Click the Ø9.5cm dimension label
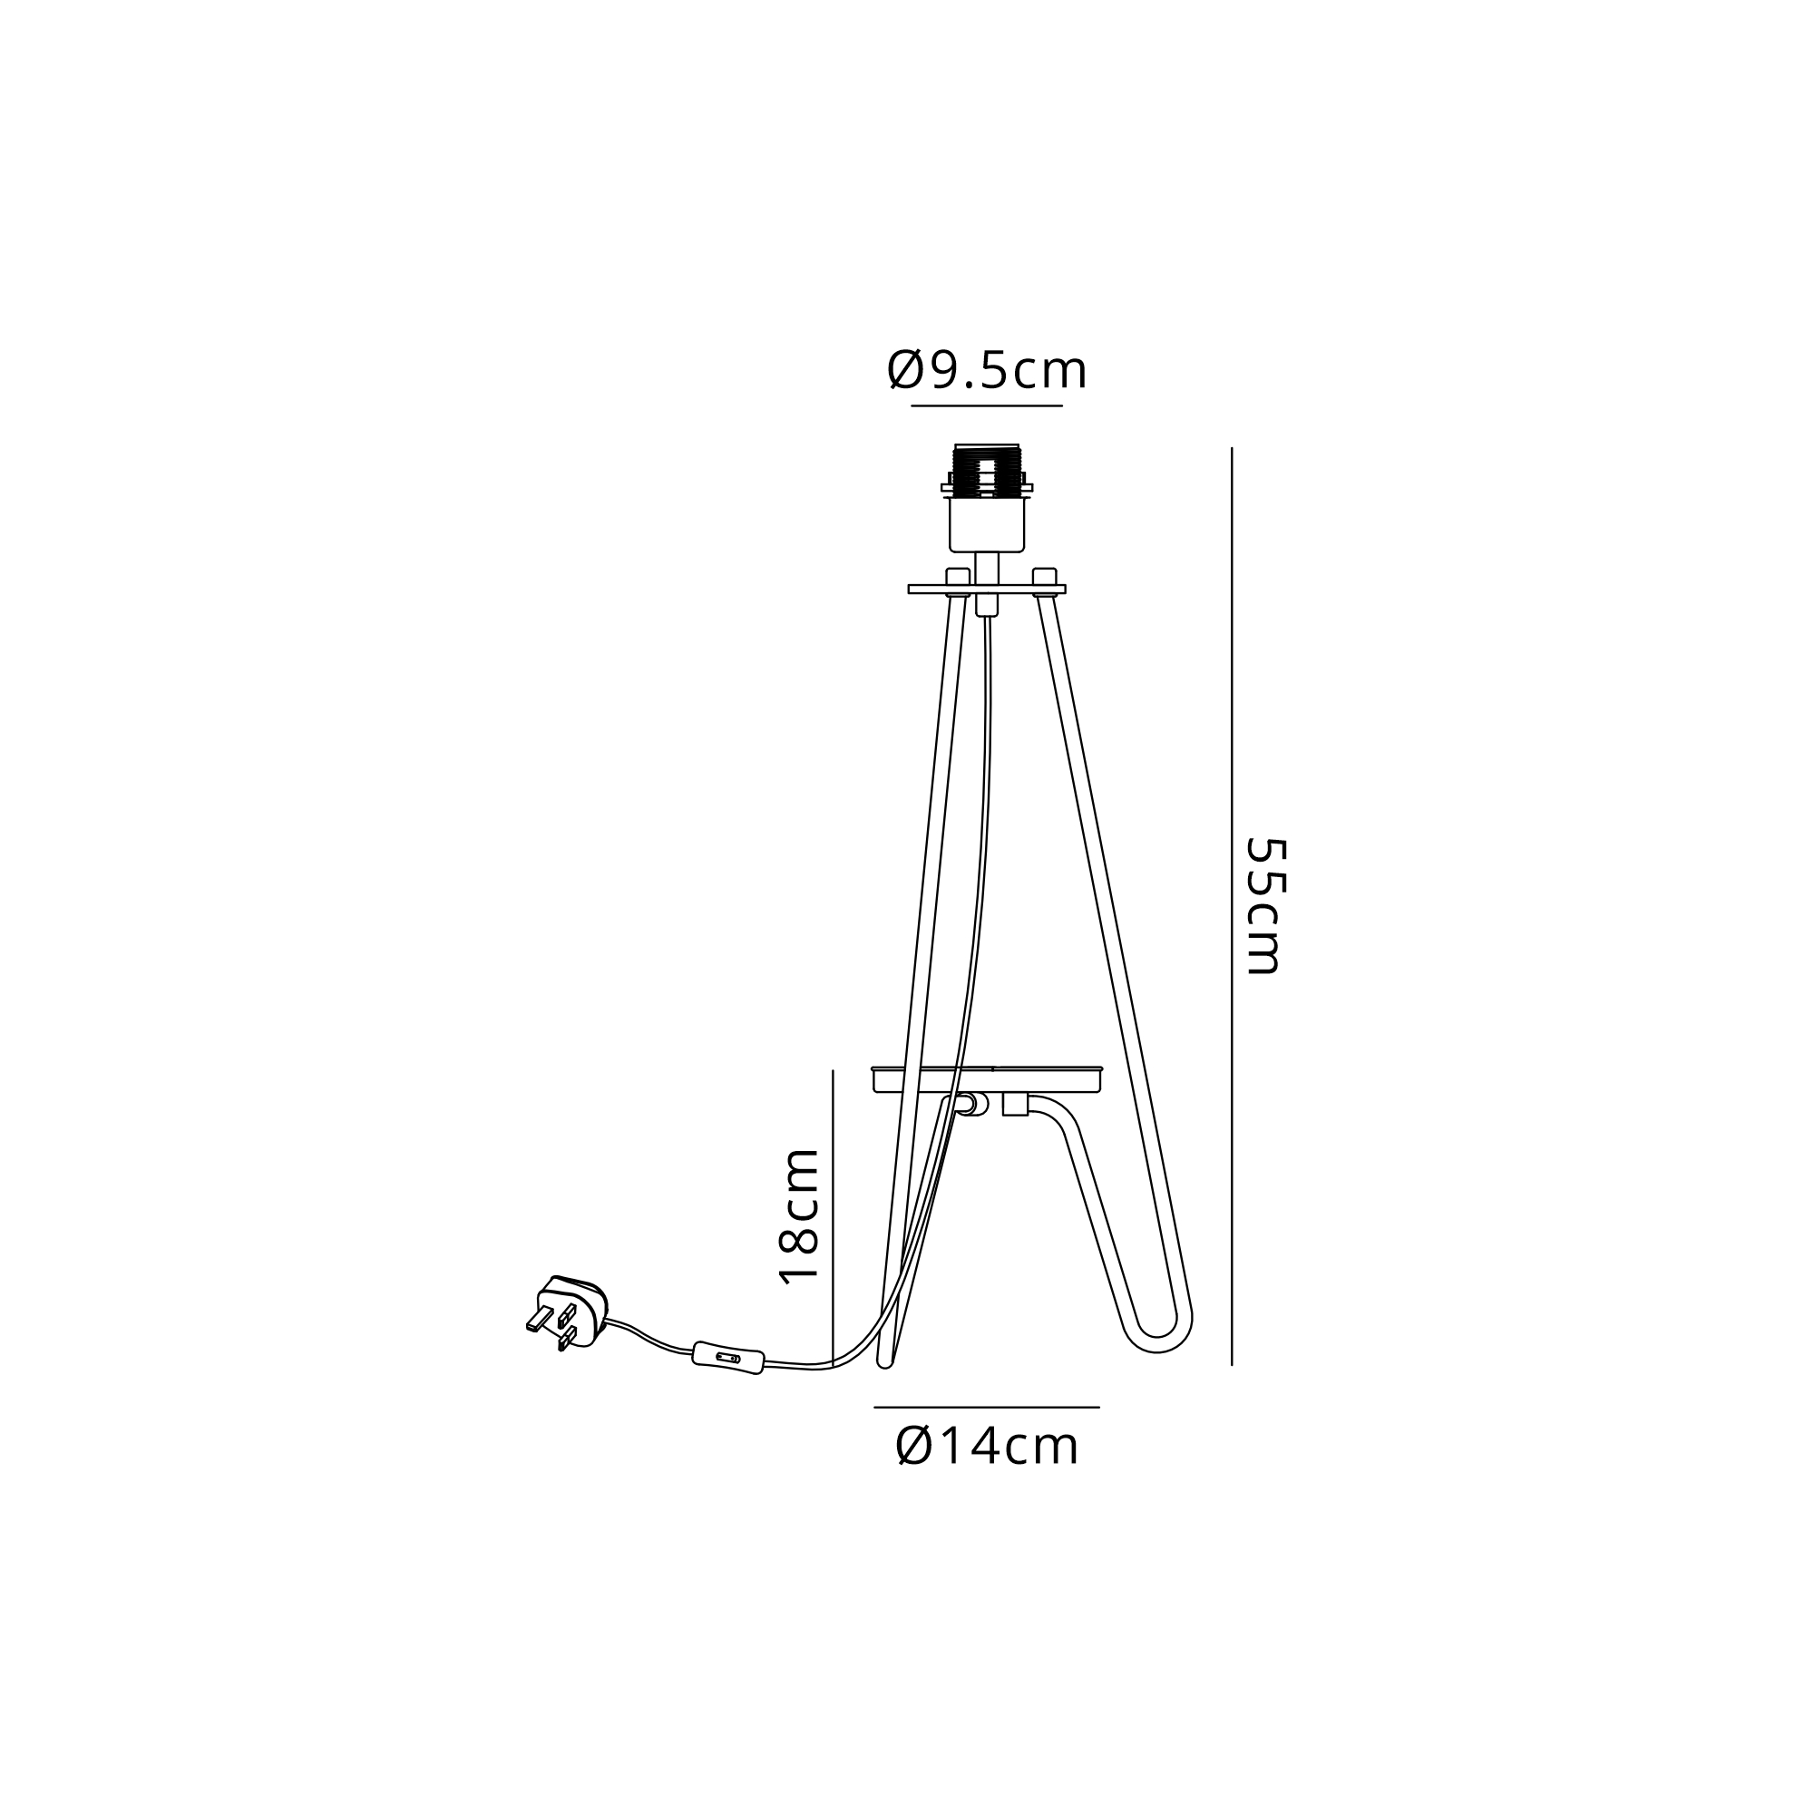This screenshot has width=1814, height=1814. (x=987, y=371)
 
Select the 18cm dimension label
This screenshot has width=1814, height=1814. (x=800, y=1216)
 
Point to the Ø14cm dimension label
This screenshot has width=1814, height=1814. (x=988, y=1447)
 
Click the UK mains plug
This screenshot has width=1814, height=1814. (x=568, y=1313)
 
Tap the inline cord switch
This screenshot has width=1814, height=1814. (x=727, y=1358)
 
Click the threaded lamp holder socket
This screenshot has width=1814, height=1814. (x=987, y=470)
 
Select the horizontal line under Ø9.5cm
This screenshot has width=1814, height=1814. (x=987, y=405)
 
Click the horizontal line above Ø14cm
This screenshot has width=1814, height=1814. (x=987, y=1408)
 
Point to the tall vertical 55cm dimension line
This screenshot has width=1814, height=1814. (x=1232, y=906)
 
